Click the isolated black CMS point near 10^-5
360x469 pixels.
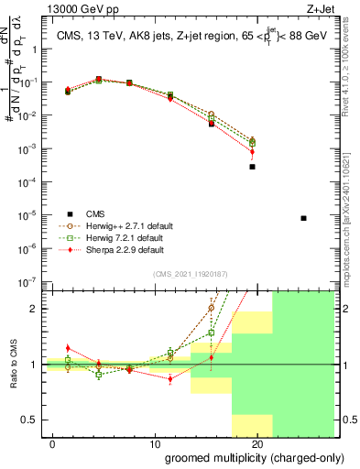point(303,218)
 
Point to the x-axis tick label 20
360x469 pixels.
point(257,443)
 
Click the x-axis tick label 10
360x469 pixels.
point(154,443)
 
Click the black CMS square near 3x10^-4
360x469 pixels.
point(252,167)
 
